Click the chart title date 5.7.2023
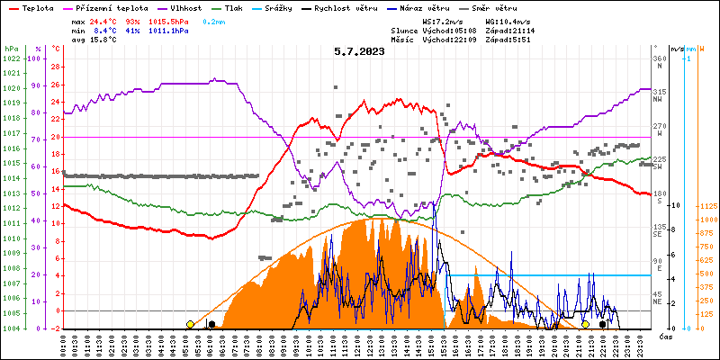point(359,51)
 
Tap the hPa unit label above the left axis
point(11,48)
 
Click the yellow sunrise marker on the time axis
point(190,324)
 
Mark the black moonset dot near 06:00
point(211,324)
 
